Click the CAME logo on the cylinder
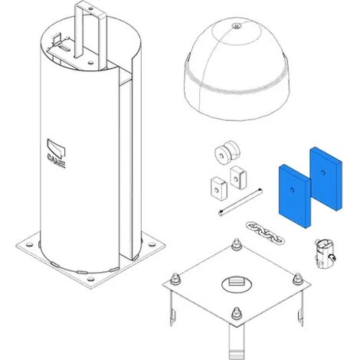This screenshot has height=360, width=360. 56,153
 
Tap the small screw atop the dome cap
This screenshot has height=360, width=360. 237,26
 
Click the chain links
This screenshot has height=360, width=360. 265,233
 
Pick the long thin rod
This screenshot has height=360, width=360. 241,201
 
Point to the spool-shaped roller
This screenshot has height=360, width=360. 227,152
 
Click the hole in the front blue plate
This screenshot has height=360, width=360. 292,189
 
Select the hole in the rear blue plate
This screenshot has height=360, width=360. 323,172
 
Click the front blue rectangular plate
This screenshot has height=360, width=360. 295,196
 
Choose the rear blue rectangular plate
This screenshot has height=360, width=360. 326,178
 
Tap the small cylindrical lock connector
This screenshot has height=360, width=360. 324,253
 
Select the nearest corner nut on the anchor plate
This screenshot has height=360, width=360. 237,313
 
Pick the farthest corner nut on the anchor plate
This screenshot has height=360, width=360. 237,244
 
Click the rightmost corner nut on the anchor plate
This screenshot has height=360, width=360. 297,279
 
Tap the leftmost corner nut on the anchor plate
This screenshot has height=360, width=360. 175,279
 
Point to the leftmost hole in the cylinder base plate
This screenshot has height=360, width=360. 29,244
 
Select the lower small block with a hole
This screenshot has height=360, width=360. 219,187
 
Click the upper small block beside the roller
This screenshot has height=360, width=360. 238,177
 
